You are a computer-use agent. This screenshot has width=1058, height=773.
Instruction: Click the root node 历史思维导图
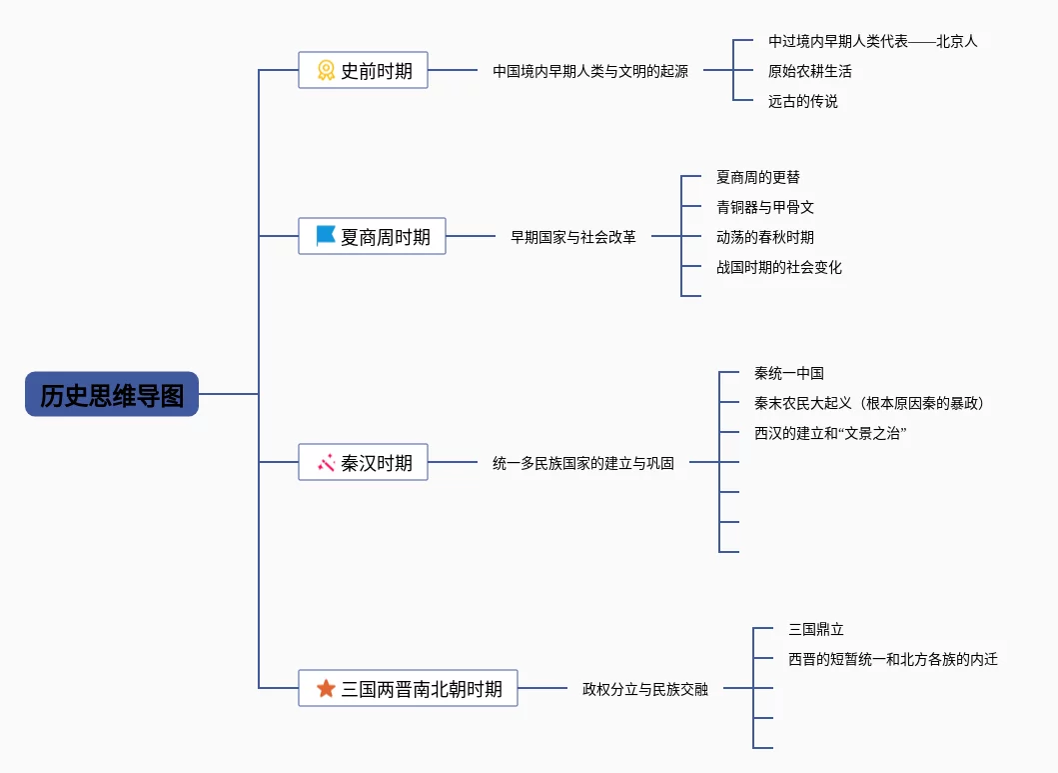point(112,395)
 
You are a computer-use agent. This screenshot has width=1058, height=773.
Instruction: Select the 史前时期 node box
point(363,70)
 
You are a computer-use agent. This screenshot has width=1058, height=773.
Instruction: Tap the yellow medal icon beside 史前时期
point(326,70)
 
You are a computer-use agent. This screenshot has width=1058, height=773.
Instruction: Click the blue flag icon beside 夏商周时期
point(326,236)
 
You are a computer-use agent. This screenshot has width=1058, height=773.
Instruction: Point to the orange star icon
point(326,688)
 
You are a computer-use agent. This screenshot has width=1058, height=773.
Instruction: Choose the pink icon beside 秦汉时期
point(326,462)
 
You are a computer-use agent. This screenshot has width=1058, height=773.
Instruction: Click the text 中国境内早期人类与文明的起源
point(589,71)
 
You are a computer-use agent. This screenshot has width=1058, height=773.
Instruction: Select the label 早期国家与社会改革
point(572,237)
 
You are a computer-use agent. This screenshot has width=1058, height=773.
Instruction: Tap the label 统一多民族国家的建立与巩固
point(582,463)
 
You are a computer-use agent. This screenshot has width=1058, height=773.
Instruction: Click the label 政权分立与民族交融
point(644,689)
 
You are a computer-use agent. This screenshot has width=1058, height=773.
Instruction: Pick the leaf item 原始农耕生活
point(809,71)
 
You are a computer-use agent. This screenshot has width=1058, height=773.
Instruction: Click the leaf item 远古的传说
point(802,101)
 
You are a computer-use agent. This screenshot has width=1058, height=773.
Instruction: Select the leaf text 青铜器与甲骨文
point(764,207)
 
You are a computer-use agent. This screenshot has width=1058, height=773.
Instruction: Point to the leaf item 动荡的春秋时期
point(764,237)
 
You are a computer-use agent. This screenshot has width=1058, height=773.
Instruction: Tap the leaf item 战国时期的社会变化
point(778,267)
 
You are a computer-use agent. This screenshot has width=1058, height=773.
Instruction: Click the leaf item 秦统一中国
point(788,373)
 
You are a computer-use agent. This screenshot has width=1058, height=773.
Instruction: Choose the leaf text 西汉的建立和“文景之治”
point(830,433)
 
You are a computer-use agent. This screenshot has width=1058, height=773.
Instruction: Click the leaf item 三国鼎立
point(815,629)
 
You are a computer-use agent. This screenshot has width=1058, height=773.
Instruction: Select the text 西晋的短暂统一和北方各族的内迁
point(892,659)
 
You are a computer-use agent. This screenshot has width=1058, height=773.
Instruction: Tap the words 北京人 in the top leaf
point(956,41)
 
